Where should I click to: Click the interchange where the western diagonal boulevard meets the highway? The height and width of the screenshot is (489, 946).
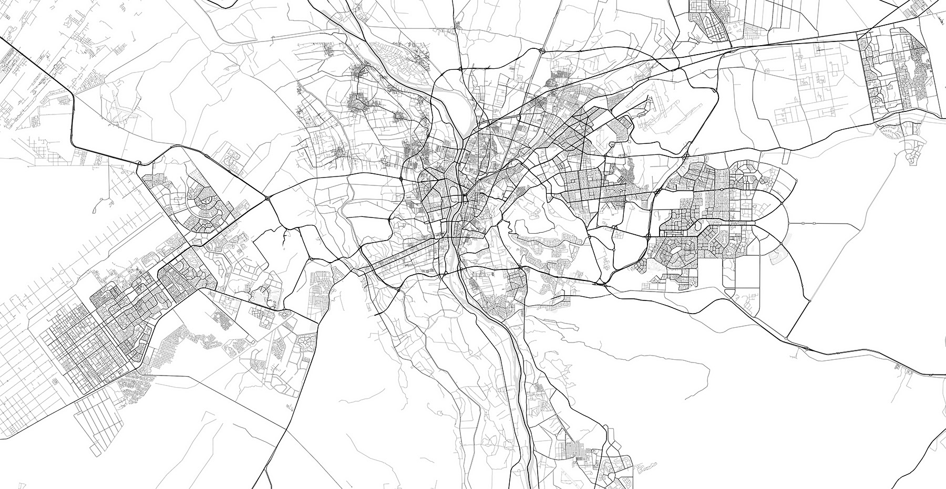[x=268, y=198]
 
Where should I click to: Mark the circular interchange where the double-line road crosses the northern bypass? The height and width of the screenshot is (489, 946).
[x=541, y=50]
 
